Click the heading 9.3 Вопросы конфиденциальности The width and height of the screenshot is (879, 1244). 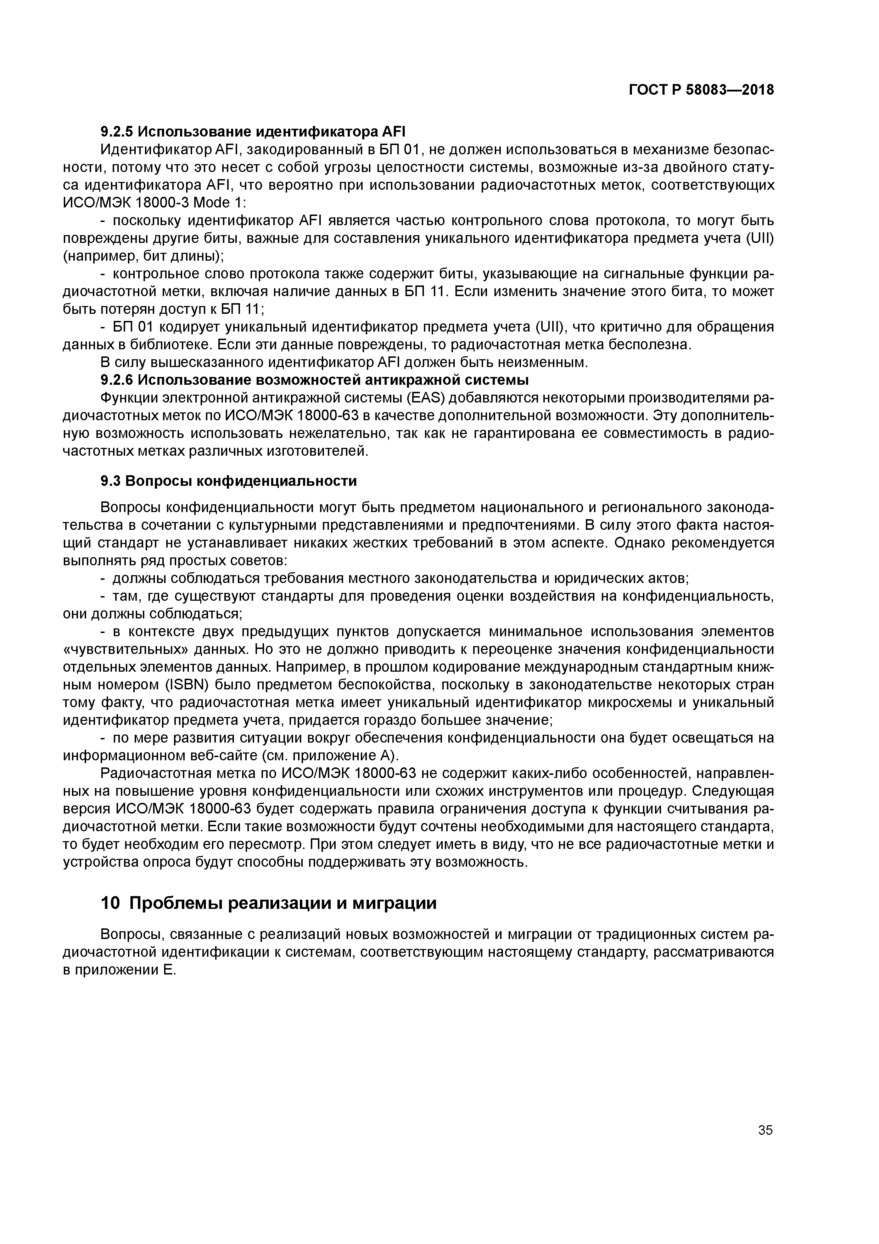coord(229,481)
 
